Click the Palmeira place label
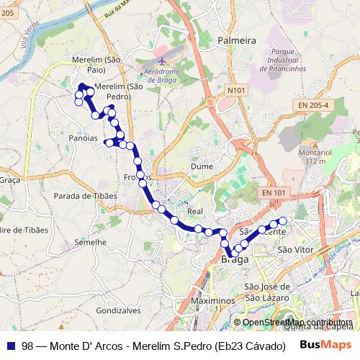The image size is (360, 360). (x=237, y=41)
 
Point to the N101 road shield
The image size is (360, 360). (x=235, y=90)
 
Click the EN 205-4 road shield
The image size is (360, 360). (x=312, y=105)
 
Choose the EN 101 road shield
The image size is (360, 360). (x=274, y=193)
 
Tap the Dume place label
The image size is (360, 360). (x=201, y=166)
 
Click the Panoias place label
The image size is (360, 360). (x=84, y=138)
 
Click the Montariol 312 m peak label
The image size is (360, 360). (x=315, y=157)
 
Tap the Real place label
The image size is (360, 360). (x=194, y=212)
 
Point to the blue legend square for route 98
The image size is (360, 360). (x=10, y=345)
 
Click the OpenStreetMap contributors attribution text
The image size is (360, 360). (x=297, y=323)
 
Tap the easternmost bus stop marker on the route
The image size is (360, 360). (x=283, y=220)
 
